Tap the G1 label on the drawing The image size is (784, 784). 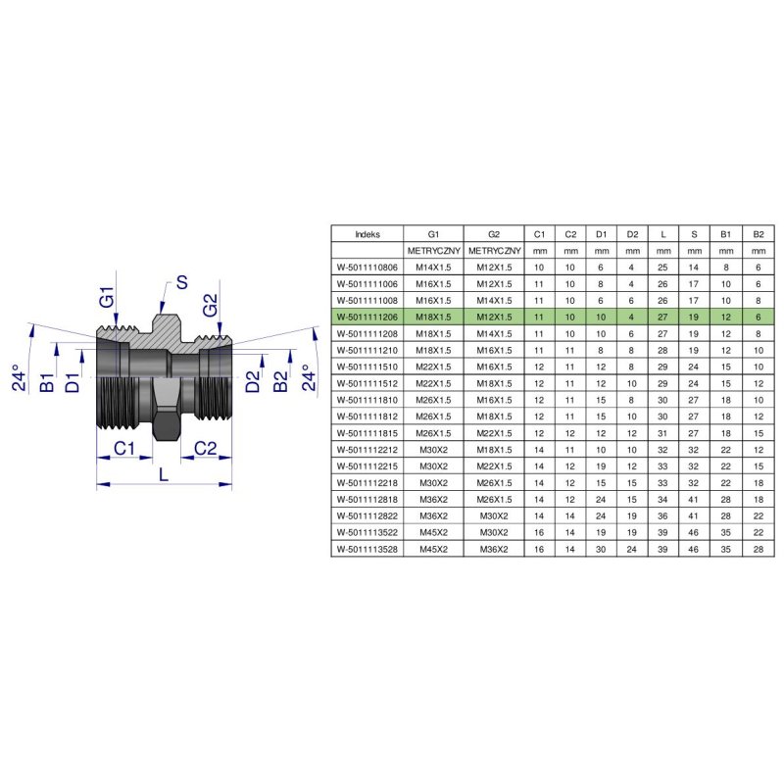107,297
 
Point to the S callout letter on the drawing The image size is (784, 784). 180,284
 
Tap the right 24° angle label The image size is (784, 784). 306,377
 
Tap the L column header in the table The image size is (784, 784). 663,234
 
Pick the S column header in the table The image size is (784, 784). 694,234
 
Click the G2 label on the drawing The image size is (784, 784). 209,305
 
